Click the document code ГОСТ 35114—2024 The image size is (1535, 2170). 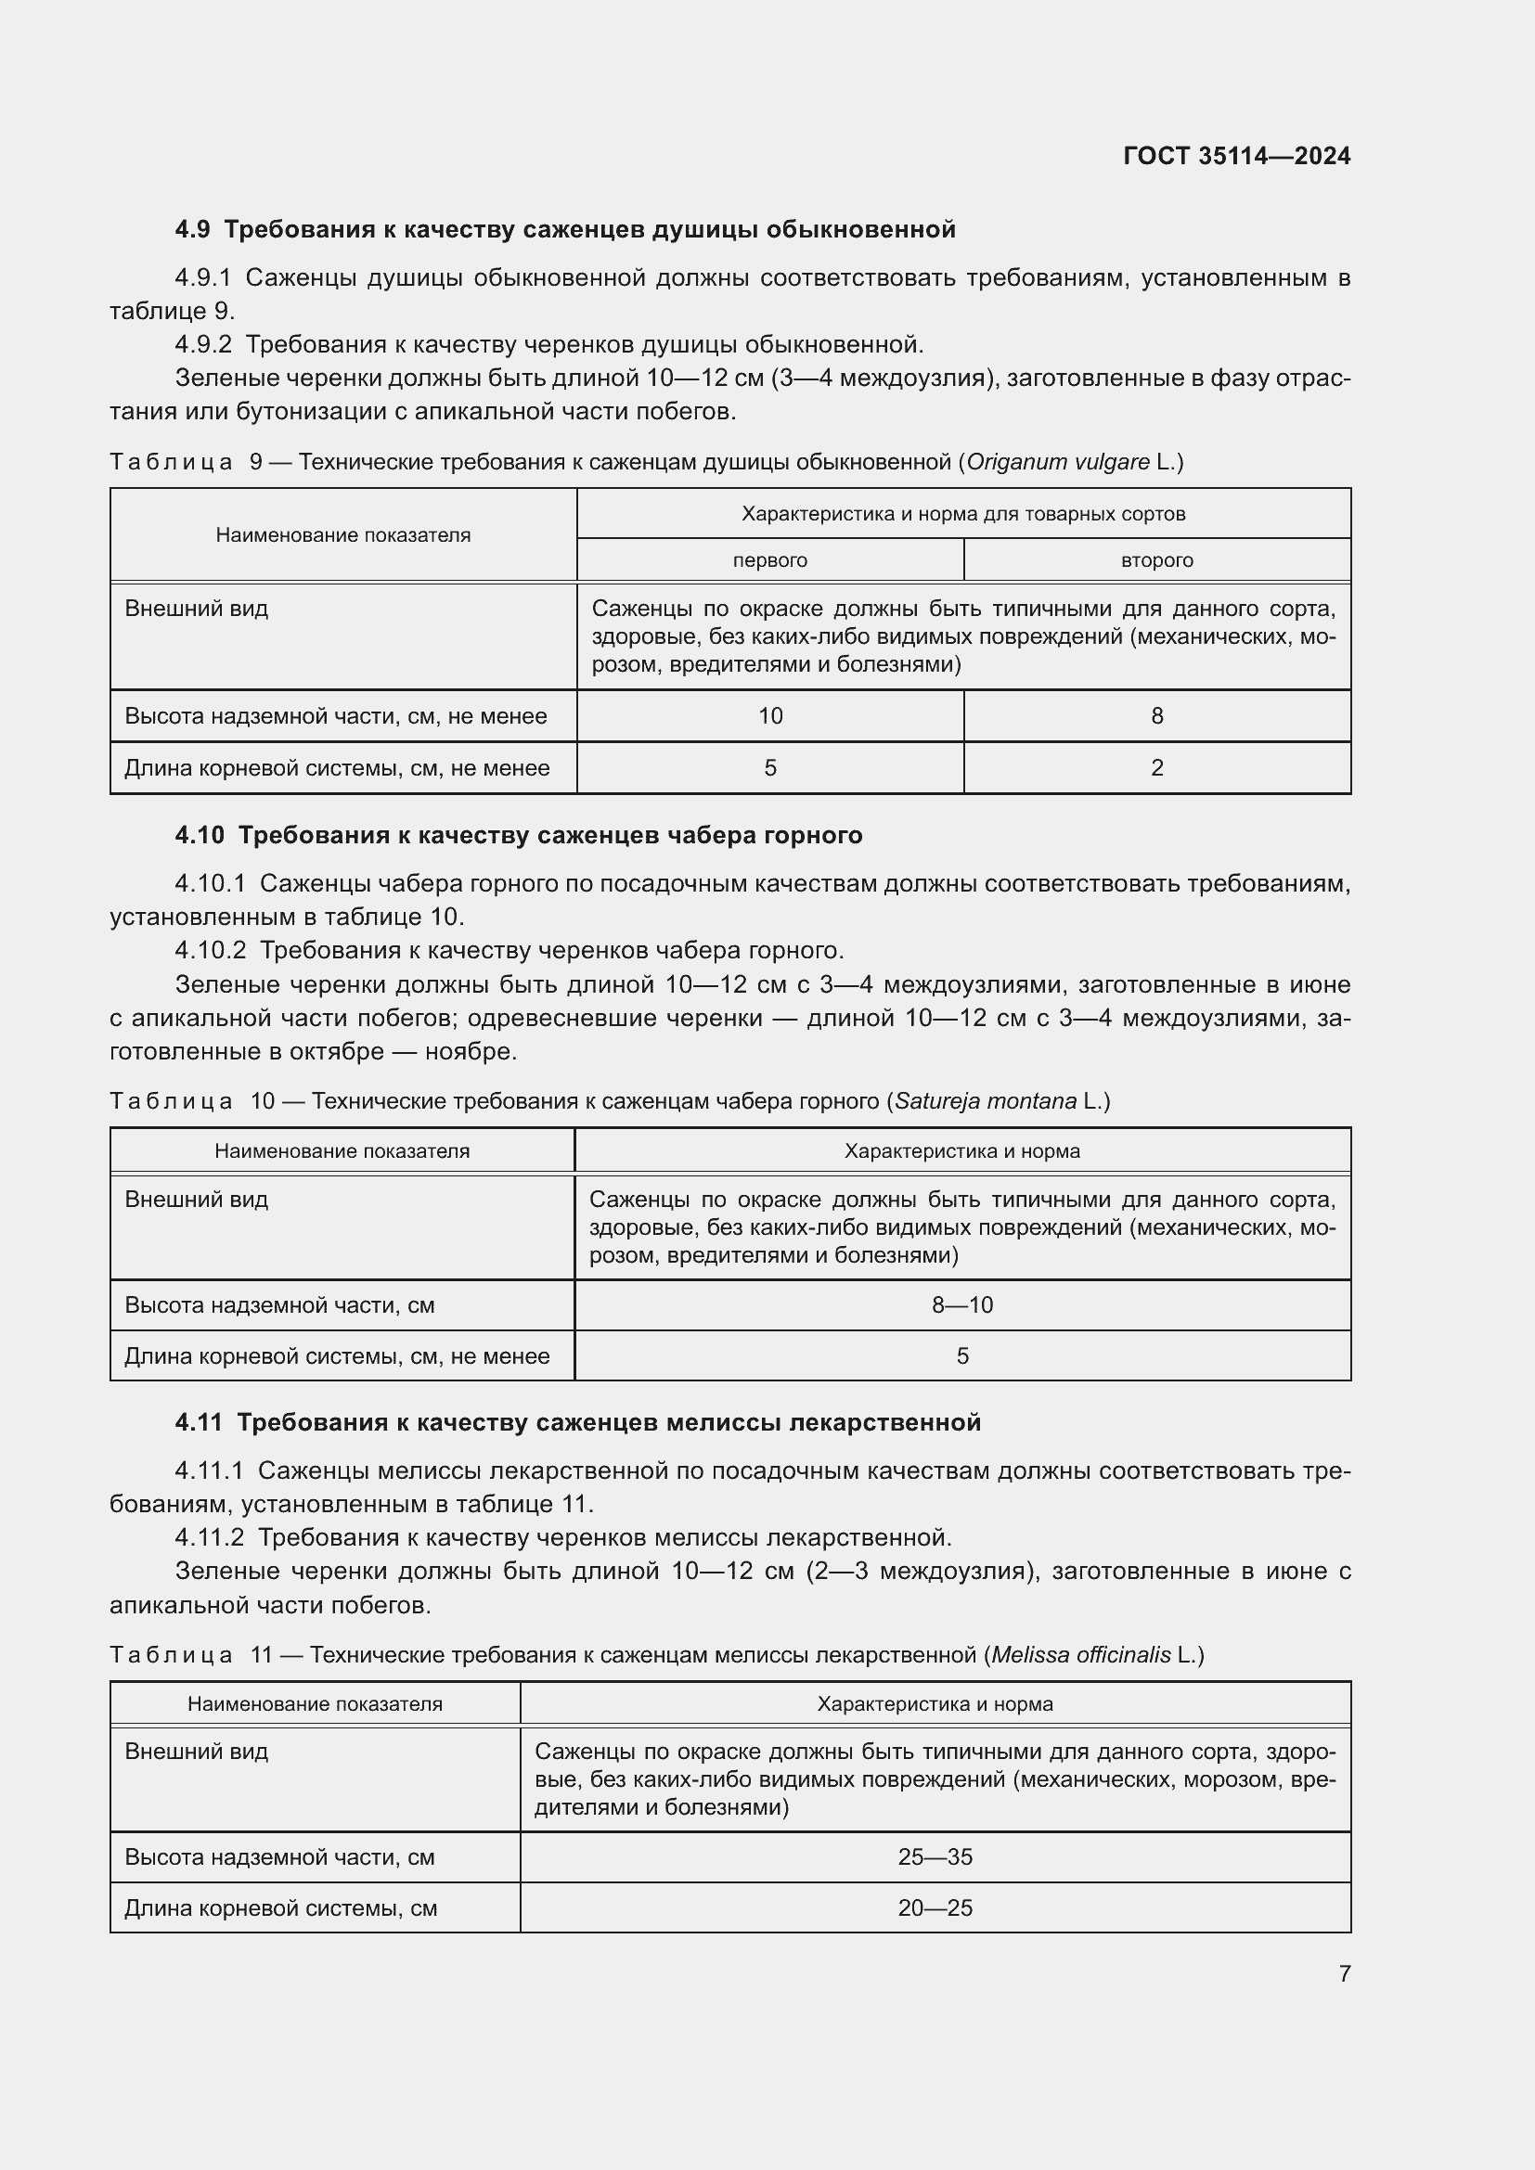[1236, 156]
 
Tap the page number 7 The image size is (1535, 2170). [1344, 1973]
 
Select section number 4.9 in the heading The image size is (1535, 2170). [193, 230]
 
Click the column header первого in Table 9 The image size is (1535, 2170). [769, 560]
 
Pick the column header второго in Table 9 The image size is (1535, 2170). [1156, 560]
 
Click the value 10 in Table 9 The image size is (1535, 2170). [769, 716]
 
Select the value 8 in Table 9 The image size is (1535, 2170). [1156, 716]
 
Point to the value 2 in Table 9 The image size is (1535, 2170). [1156, 768]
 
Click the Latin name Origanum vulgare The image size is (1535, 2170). [1057, 462]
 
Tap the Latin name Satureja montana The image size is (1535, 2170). [985, 1101]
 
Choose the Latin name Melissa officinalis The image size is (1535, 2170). [1080, 1655]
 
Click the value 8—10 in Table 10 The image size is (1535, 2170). [961, 1305]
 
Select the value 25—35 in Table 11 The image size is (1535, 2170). [934, 1857]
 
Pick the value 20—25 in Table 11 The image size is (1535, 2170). [934, 1907]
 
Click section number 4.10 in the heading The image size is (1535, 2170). [200, 836]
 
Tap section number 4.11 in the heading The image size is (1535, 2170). [199, 1422]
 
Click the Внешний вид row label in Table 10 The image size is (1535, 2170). [197, 1200]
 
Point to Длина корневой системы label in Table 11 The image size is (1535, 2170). [280, 1908]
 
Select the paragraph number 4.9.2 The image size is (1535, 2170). [203, 345]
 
